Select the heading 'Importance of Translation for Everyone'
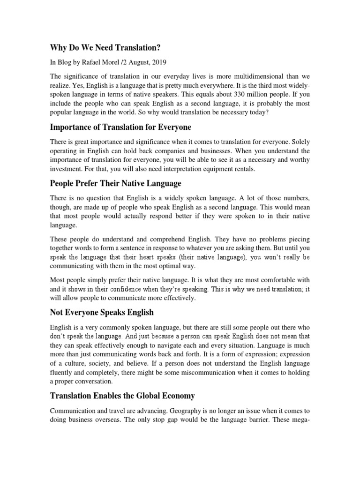coord(121,127)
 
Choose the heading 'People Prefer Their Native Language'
coord(115,183)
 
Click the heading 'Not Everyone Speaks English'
coord(102,313)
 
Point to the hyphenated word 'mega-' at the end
coord(299,420)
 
